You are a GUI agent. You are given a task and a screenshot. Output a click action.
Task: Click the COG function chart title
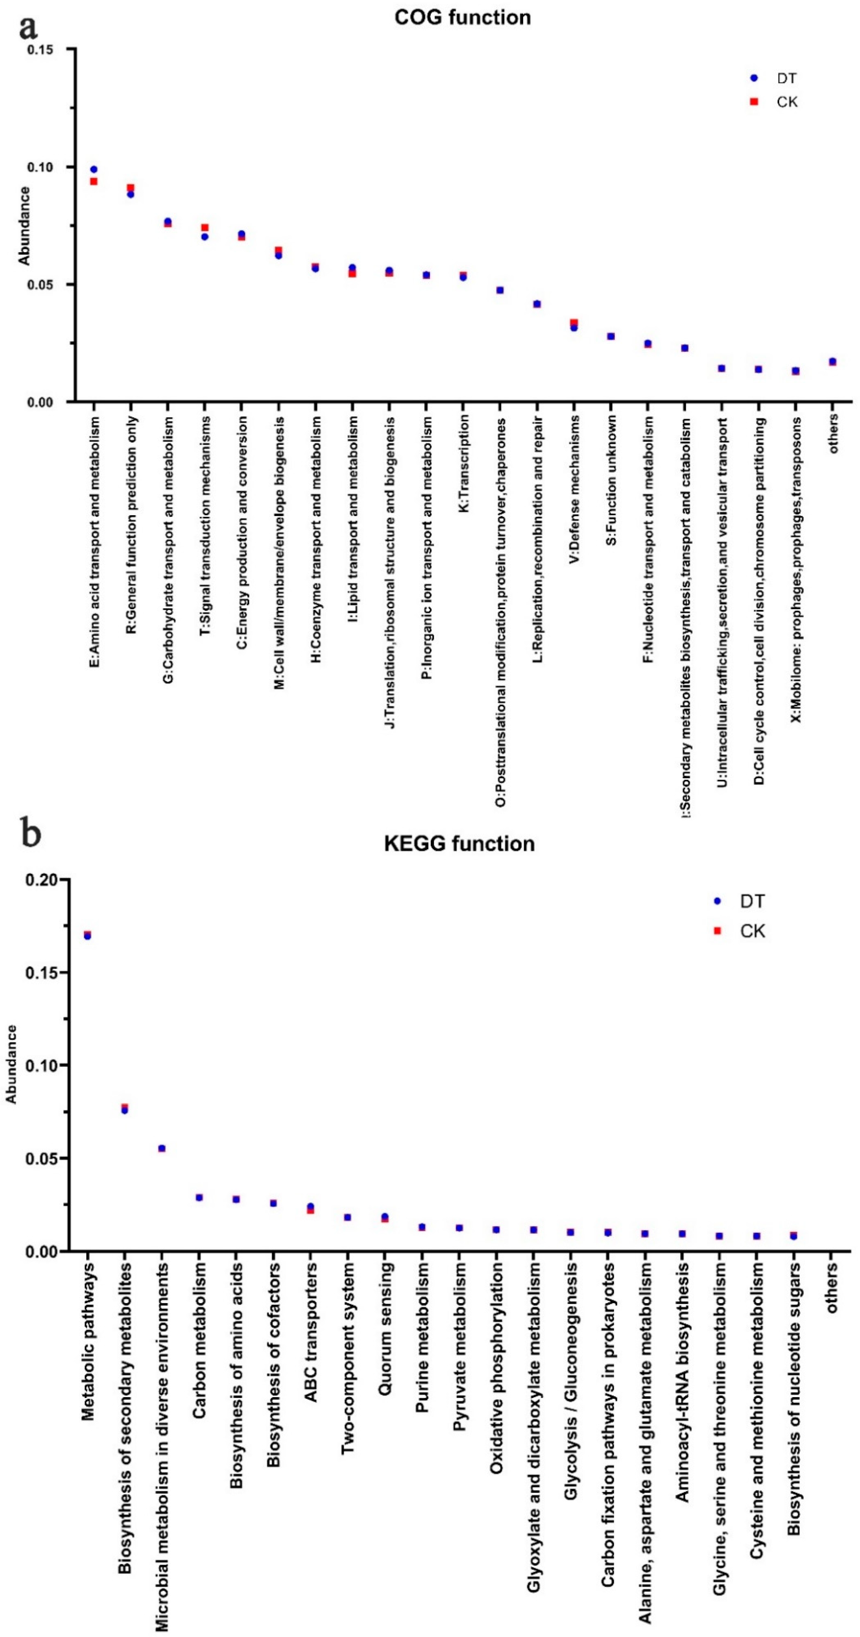(462, 17)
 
